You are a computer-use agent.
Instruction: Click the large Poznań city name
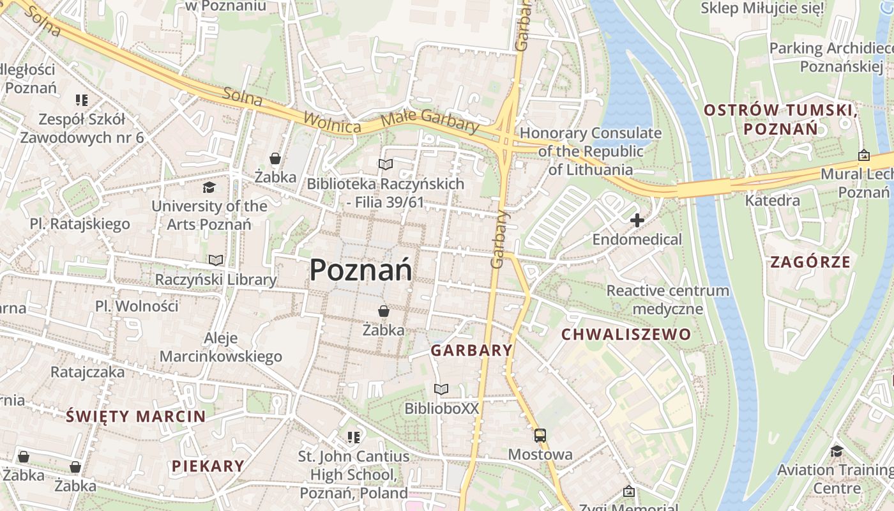pyautogui.click(x=361, y=271)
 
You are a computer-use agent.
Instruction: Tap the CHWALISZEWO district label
pyautogui.click(x=626, y=334)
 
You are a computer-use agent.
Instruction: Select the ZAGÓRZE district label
pyautogui.click(x=810, y=262)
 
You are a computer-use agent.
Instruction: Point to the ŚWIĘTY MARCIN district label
pyautogui.click(x=136, y=417)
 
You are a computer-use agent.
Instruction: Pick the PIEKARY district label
pyautogui.click(x=208, y=466)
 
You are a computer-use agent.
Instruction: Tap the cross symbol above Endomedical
pyautogui.click(x=637, y=221)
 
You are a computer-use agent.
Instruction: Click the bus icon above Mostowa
pyautogui.click(x=540, y=436)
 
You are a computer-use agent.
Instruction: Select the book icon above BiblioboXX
pyautogui.click(x=441, y=389)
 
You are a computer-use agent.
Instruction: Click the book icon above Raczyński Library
pyautogui.click(x=216, y=261)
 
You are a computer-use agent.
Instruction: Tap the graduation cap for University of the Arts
pyautogui.click(x=209, y=187)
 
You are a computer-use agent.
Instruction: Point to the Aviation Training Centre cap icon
pyautogui.click(x=837, y=452)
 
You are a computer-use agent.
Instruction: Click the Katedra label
pyautogui.click(x=773, y=201)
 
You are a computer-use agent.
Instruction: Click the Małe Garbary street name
pyautogui.click(x=429, y=121)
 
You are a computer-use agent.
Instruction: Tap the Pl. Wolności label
pyautogui.click(x=137, y=306)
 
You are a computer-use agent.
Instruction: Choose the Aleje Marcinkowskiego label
pyautogui.click(x=221, y=347)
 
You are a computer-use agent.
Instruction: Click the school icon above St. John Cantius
pyautogui.click(x=353, y=438)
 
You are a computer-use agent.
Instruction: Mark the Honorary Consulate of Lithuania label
pyautogui.click(x=591, y=151)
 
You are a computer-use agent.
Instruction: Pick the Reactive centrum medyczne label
pyautogui.click(x=667, y=300)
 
